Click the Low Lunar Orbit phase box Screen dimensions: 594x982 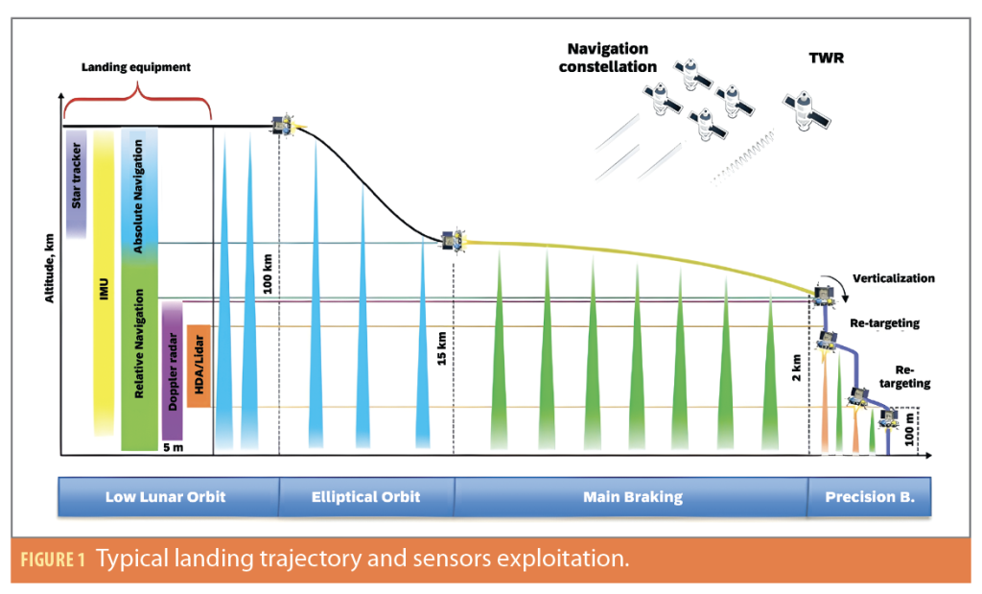click(x=169, y=497)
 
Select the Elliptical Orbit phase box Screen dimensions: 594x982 click(x=365, y=497)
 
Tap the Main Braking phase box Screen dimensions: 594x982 click(x=632, y=497)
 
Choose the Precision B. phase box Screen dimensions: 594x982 click(x=868, y=497)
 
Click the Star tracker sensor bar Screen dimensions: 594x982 click(x=77, y=183)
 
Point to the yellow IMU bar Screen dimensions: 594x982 click(x=104, y=283)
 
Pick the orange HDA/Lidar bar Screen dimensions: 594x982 click(x=199, y=366)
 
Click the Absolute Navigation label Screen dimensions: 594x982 click(x=139, y=197)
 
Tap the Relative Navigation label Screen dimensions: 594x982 click(x=139, y=345)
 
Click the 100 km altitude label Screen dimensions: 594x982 click(x=268, y=273)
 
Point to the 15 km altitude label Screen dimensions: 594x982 click(x=442, y=357)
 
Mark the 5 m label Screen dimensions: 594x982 click(x=173, y=446)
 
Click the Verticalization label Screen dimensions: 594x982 click(x=892, y=278)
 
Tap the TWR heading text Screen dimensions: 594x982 click(x=825, y=58)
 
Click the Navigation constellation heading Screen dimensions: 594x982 click(x=608, y=58)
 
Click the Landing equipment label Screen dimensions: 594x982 click(x=135, y=67)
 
